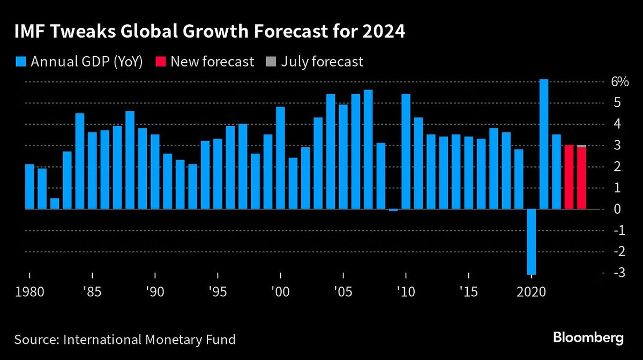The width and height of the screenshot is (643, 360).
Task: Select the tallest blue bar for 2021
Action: (544, 145)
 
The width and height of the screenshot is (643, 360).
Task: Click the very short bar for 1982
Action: (55, 204)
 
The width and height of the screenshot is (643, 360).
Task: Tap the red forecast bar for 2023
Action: (569, 177)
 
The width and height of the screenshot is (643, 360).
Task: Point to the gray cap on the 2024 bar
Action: (581, 146)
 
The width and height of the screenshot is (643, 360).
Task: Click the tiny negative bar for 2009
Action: (393, 210)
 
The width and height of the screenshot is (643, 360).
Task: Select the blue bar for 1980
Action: (29, 187)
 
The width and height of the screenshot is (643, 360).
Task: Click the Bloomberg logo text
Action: (588, 338)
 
